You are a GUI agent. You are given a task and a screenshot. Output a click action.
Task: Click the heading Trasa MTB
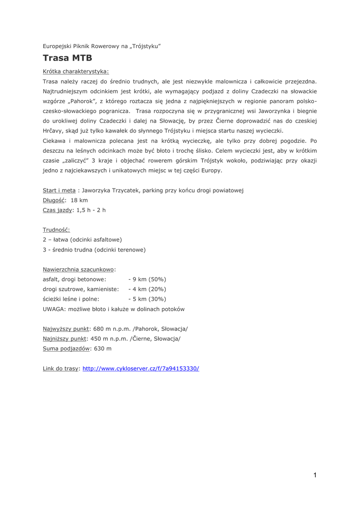pyautogui.click(x=67, y=58)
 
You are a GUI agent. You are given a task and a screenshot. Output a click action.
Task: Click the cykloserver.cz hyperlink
pyautogui.click(x=141, y=369)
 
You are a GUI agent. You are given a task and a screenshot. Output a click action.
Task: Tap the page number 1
pyautogui.click(x=315, y=475)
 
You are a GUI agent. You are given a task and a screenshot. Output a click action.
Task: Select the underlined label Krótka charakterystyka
pyautogui.click(x=75, y=71)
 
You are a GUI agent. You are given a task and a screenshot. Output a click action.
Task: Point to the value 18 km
pyautogui.click(x=79, y=200)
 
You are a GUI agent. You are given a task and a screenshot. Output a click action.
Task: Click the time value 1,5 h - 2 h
pyautogui.click(x=91, y=210)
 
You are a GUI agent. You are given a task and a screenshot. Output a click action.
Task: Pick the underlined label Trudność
pyautogui.click(x=56, y=230)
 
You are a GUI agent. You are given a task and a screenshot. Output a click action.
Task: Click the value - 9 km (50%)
pyautogui.click(x=147, y=279)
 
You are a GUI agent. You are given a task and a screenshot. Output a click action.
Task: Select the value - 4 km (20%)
pyautogui.click(x=147, y=289)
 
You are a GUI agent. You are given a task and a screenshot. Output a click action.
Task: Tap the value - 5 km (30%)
pyautogui.click(x=147, y=299)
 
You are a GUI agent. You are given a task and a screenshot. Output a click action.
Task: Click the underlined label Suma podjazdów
pyautogui.click(x=67, y=349)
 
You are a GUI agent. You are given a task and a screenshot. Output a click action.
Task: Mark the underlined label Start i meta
pyautogui.click(x=59, y=190)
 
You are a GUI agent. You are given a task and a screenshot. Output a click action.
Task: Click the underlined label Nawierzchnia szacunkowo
pyautogui.click(x=78, y=269)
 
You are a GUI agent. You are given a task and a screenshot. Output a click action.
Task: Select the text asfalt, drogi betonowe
pyautogui.click(x=74, y=279)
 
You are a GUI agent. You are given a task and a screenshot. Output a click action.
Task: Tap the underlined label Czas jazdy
pyautogui.click(x=57, y=210)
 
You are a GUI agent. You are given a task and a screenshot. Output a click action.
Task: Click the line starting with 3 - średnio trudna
pyautogui.click(x=94, y=250)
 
